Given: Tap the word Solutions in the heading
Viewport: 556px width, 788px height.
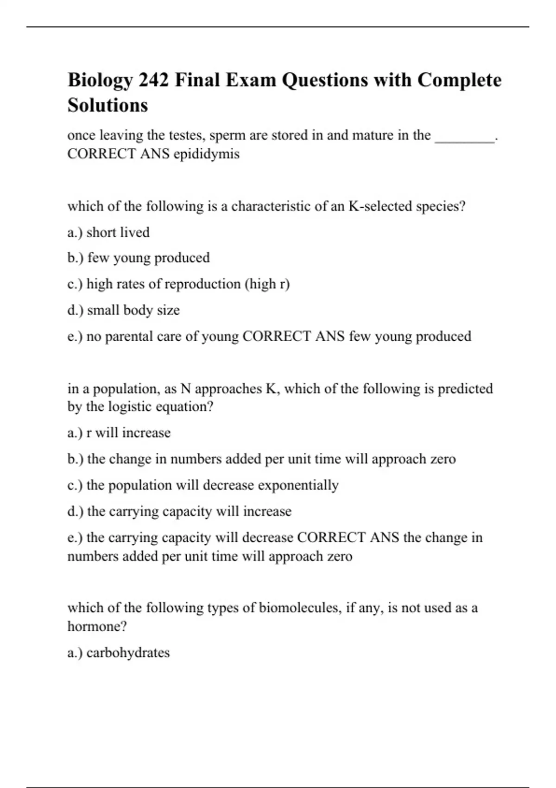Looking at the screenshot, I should coord(107,105).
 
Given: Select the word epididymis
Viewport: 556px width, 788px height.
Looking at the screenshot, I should coord(207,154).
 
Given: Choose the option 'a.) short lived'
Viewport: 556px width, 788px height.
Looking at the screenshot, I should coord(108,232).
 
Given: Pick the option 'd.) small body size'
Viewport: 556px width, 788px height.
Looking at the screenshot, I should coord(123,310).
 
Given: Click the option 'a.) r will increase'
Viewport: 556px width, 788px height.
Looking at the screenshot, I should coord(119,433).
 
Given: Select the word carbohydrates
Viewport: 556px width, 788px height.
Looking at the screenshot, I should coord(128,653).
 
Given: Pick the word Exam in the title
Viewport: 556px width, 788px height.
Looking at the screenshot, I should coord(251,80).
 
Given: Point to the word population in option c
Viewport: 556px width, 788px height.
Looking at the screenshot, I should coord(130,485).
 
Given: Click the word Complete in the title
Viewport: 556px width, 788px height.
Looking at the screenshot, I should coord(459,80).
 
